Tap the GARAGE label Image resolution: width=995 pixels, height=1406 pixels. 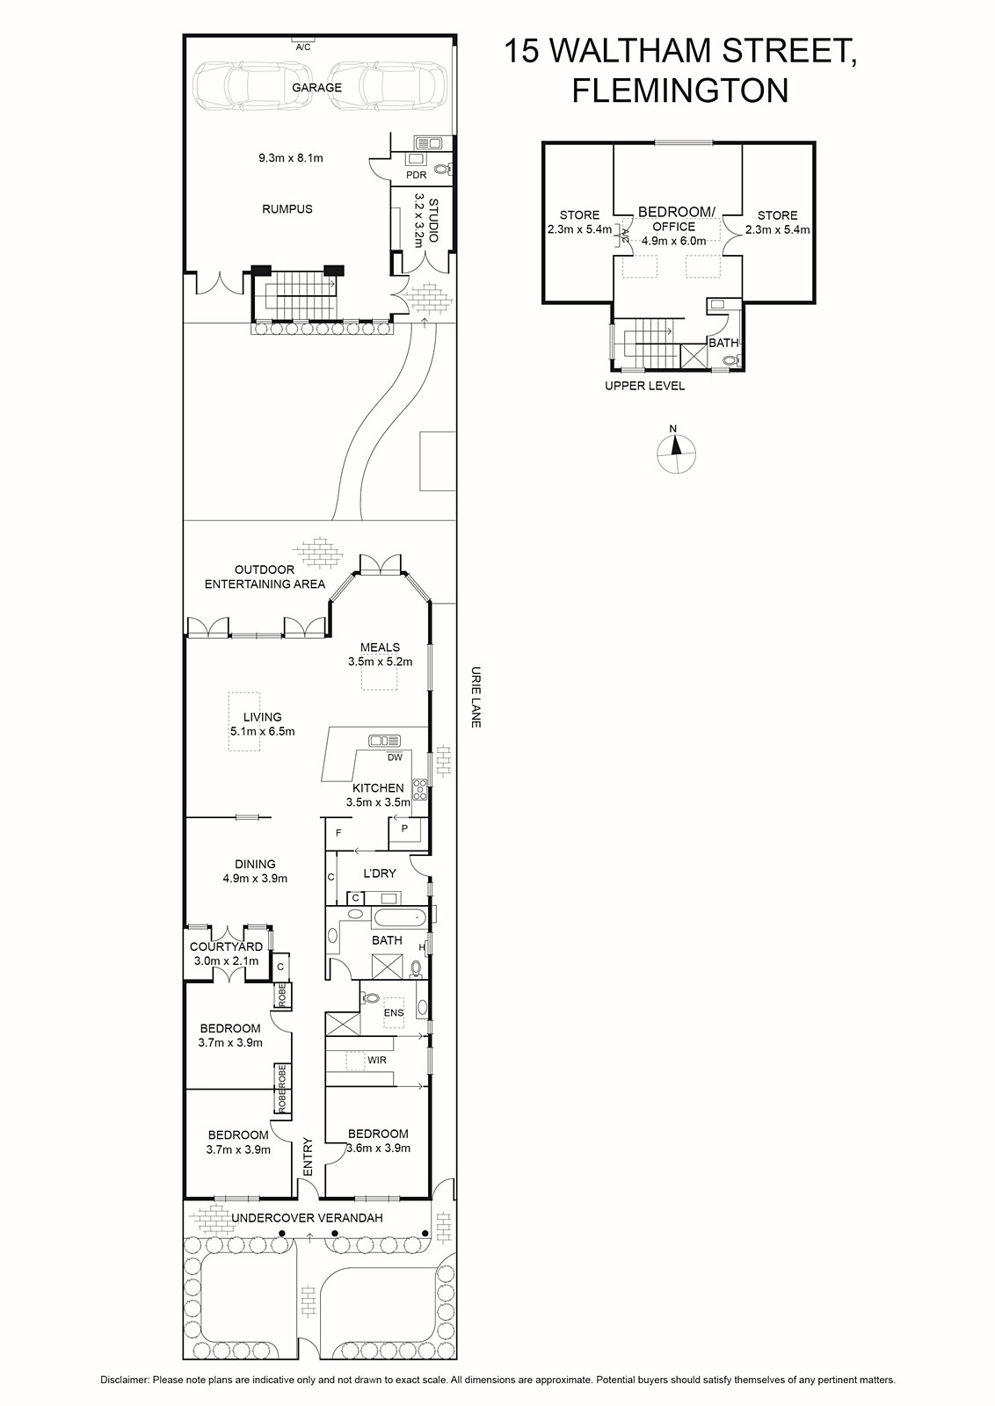point(317,87)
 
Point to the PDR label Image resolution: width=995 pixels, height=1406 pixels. point(417,175)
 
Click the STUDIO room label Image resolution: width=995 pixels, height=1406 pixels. point(433,221)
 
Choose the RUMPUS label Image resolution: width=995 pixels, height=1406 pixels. point(287,209)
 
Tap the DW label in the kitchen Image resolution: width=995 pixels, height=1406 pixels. point(395,757)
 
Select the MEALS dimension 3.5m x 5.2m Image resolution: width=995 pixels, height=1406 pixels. point(381,661)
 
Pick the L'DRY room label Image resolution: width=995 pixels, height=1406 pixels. point(380,873)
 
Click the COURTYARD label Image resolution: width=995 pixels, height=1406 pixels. point(226,946)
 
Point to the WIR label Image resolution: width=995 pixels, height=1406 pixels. point(377,1060)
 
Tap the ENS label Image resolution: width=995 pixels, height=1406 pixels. point(395,1012)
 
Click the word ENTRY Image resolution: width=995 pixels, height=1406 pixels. point(308,1156)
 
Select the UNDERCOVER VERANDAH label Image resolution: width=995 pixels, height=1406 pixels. point(307,1218)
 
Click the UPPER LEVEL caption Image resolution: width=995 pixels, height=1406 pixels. point(644,386)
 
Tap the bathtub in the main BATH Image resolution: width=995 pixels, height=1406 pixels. point(400,919)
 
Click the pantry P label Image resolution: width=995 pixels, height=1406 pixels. point(405,828)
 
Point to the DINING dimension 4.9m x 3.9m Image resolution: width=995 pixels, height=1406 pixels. point(255,878)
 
